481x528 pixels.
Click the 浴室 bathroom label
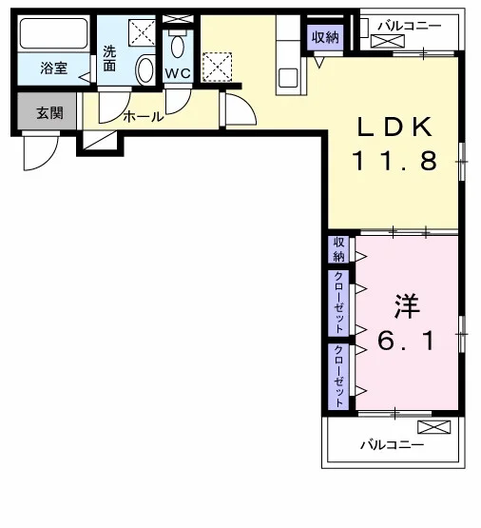(54, 68)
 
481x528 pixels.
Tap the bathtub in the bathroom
(54, 33)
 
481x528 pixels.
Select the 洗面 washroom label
(109, 58)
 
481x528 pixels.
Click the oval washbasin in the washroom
(145, 69)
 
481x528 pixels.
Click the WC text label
(178, 73)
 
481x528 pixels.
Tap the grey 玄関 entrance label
(49, 113)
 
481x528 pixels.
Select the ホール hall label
(144, 117)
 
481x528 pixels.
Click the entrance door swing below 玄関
(41, 151)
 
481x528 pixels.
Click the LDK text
(394, 127)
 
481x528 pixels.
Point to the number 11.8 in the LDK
(394, 161)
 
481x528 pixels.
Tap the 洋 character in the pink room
(407, 306)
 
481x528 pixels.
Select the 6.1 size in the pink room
(406, 341)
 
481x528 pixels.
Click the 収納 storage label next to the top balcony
(325, 37)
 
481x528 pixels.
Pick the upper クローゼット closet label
(338, 302)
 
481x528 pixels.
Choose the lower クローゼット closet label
(338, 376)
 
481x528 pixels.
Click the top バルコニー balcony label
(409, 26)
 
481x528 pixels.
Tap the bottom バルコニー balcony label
(393, 445)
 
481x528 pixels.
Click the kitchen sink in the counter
(288, 78)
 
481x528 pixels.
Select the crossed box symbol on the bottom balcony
(433, 427)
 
